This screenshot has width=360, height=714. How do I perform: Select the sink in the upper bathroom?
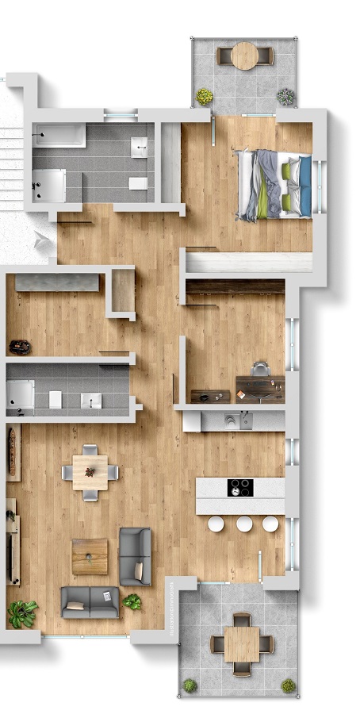[x=140, y=147]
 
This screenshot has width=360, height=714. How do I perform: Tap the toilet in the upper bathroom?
[x=137, y=183]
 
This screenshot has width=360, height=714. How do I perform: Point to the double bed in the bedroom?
[x=275, y=183]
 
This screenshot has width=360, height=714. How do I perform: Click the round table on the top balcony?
[x=245, y=56]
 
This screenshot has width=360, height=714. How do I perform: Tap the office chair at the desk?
[x=261, y=368]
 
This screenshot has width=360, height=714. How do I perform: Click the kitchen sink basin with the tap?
[x=230, y=420]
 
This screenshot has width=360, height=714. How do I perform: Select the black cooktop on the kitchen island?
[x=240, y=487]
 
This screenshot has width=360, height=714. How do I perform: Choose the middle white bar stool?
[x=244, y=524]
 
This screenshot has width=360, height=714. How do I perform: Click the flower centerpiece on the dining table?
[x=90, y=471]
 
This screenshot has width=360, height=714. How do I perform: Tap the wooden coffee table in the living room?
[x=90, y=556]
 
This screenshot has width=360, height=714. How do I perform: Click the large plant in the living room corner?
[x=22, y=612]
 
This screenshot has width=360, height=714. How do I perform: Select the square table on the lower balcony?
[x=241, y=644]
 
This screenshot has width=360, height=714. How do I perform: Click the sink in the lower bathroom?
[x=90, y=399]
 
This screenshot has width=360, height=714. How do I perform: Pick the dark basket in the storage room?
[x=19, y=346]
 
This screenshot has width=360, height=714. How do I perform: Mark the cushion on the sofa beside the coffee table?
[x=139, y=570]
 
